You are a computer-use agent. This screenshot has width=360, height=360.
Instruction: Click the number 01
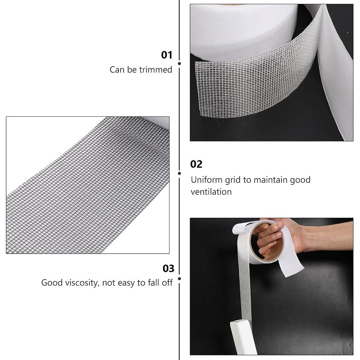tap(166, 55)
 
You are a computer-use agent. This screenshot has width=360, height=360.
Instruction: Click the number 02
tap(196, 164)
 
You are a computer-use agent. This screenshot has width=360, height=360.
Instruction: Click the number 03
tap(168, 268)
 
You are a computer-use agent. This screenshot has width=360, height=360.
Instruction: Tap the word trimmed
tap(156, 70)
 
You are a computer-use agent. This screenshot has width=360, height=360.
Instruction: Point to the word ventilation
tap(211, 191)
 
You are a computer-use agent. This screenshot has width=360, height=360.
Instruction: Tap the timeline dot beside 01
tap(179, 63)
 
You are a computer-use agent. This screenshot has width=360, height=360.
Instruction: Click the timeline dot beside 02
tap(179, 173)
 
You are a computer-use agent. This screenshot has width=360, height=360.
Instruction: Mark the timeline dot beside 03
tap(179, 278)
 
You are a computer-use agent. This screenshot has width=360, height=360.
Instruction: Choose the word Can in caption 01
tap(117, 70)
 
